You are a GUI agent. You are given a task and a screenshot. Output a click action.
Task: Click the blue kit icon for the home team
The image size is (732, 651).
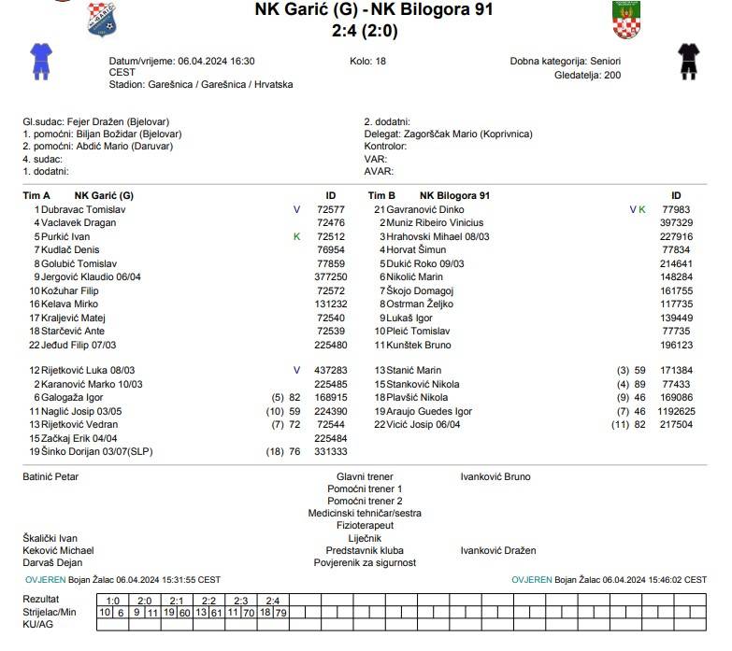click(40, 60)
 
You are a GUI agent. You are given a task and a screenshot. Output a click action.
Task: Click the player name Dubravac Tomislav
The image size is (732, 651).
click(84, 210)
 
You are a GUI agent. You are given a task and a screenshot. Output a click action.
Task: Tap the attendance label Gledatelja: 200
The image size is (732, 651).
click(587, 75)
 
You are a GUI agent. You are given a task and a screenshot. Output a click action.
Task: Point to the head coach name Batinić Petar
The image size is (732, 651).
click(50, 477)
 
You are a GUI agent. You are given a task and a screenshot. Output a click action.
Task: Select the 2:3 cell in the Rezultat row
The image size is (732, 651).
click(240, 601)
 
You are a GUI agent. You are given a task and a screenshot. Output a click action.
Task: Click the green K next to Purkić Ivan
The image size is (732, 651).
click(297, 237)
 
